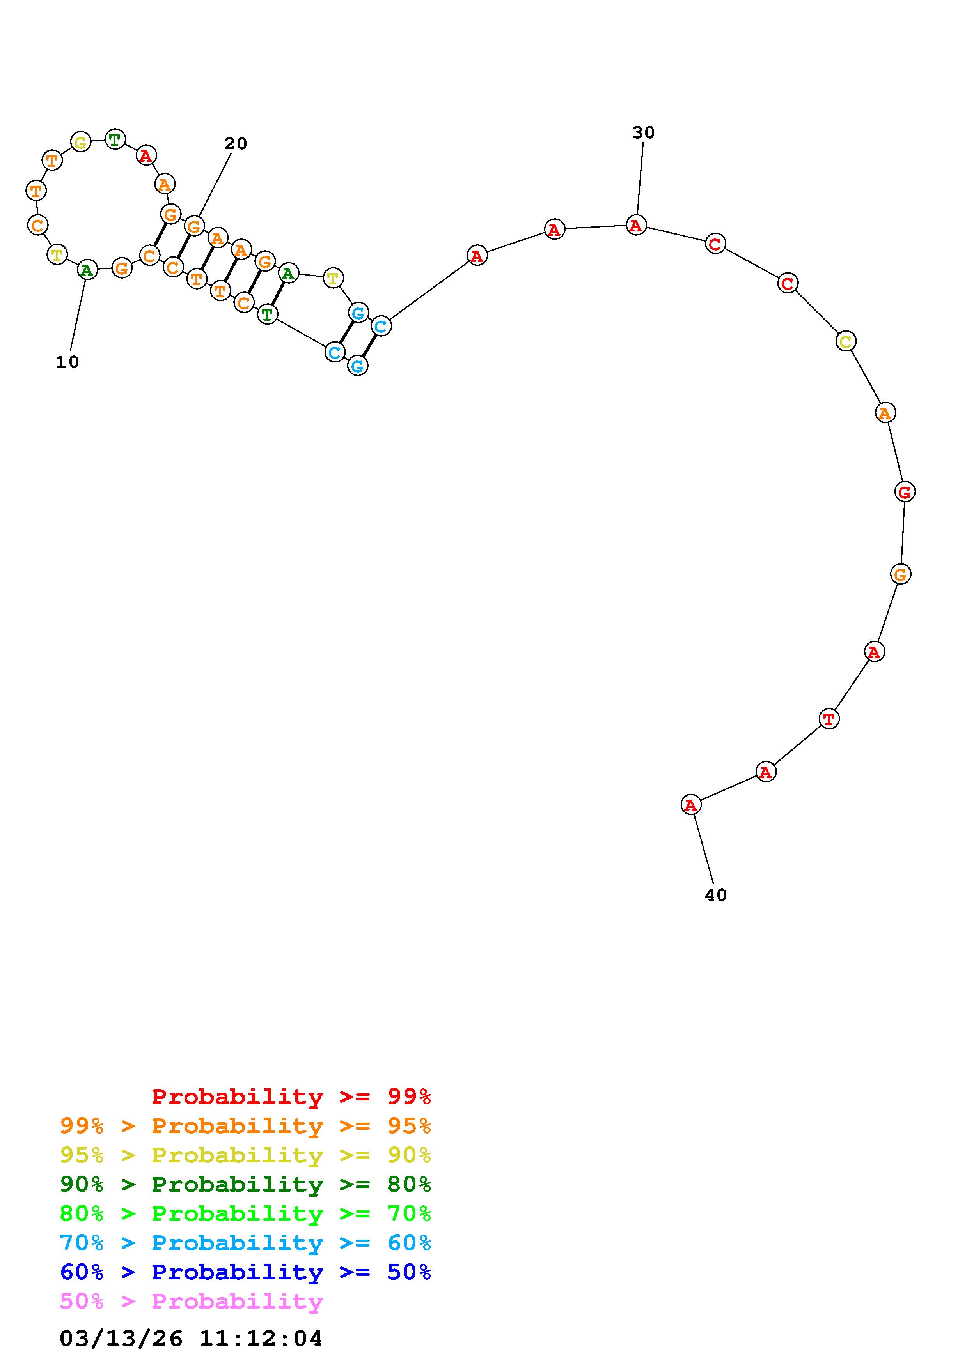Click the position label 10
[67, 362]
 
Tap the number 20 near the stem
[235, 143]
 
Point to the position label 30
[644, 133]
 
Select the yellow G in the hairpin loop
[80, 142]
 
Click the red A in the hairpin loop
[145, 156]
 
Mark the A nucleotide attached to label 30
[636, 225]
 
